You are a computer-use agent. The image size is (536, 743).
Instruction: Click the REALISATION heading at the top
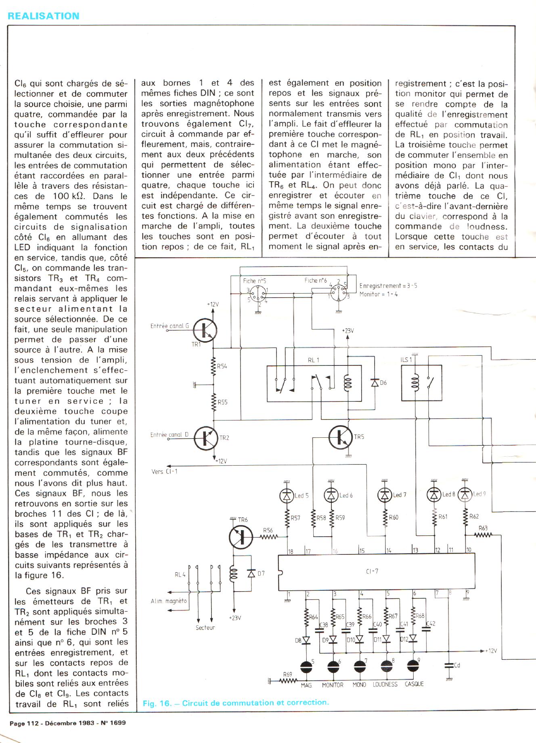coord(44,16)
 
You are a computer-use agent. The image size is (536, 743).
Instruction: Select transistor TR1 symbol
coord(205,330)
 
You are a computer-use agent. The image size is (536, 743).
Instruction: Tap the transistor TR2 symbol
coord(206,438)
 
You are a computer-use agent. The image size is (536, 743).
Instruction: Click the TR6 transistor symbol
coord(241,537)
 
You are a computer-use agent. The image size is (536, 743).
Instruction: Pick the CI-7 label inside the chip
coord(372,571)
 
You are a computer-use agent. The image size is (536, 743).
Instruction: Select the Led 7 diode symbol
coord(385,495)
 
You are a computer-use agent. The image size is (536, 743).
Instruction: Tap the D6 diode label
coord(383,382)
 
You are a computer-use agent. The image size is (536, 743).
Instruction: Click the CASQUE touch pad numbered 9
coord(412,665)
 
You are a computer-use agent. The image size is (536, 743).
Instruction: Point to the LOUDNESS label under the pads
coord(385,684)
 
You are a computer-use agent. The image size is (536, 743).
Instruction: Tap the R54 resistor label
coord(222,366)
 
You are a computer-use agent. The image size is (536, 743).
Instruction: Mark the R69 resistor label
coord(287,674)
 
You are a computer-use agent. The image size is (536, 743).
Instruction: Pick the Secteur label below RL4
coord(205,628)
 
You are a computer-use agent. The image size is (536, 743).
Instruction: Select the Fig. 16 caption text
coord(236,703)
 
